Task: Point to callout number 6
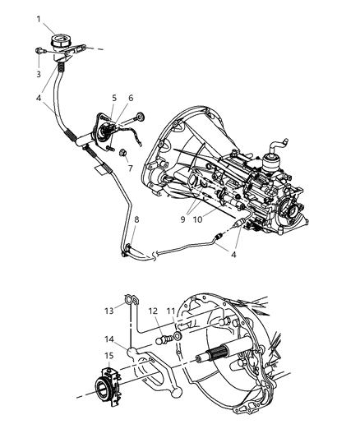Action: tap(131, 97)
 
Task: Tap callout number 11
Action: tap(171, 312)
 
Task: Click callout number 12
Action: tap(153, 312)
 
